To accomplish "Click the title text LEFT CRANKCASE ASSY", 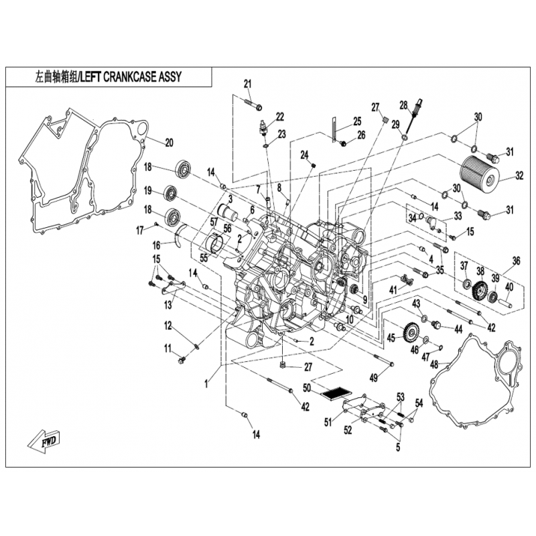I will tap(130, 77).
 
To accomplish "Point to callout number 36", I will tap(516, 261).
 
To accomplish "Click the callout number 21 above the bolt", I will tap(247, 84).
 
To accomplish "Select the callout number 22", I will tap(279, 117).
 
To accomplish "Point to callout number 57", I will tap(215, 221).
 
